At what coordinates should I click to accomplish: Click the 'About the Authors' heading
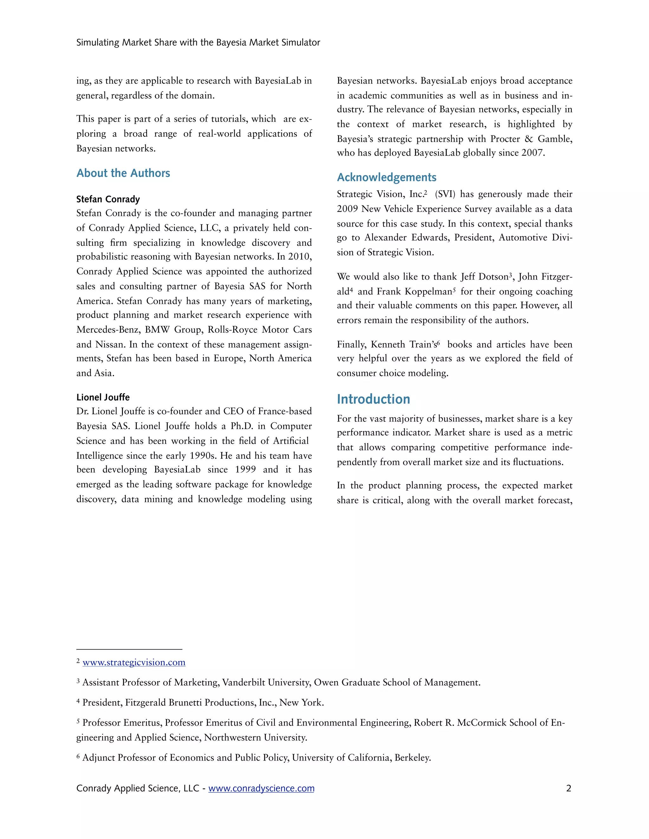click(123, 173)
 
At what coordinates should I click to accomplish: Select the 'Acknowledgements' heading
click(386, 178)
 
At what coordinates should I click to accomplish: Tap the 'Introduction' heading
click(373, 399)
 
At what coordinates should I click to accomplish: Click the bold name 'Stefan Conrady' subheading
click(108, 199)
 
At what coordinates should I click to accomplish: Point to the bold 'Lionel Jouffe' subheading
click(103, 397)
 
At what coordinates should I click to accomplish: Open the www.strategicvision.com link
click(134, 662)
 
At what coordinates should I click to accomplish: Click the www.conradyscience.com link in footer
click(261, 788)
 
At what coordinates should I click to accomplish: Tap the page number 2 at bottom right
click(568, 788)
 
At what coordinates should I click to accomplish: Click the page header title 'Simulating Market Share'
click(198, 43)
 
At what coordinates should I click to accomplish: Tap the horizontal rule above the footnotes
click(129, 649)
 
